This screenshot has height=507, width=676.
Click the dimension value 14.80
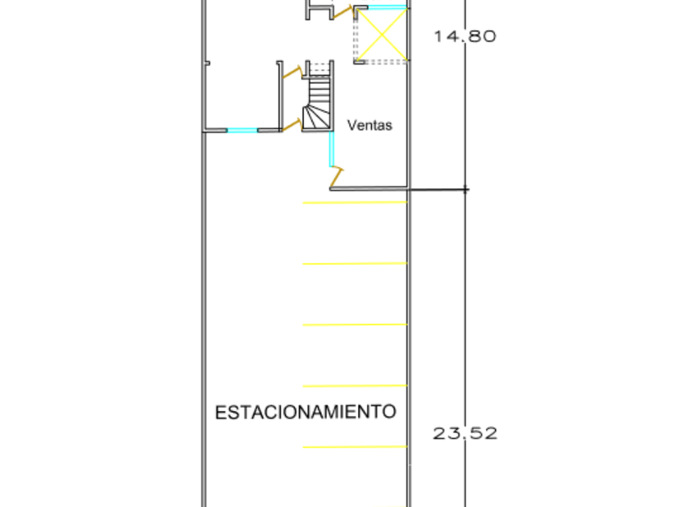pyautogui.click(x=465, y=36)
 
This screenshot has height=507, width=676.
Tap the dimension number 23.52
pyautogui.click(x=465, y=434)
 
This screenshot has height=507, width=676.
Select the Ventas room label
pyautogui.click(x=369, y=126)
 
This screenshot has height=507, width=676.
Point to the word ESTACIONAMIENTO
pyautogui.click(x=306, y=412)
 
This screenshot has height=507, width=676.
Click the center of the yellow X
pyautogui.click(x=381, y=34)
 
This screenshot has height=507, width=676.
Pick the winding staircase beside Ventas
pyautogui.click(x=317, y=101)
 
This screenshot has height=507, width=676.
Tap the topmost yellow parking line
pyautogui.click(x=355, y=203)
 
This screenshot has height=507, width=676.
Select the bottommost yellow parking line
pyautogui.click(x=355, y=447)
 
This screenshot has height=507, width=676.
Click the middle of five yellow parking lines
pyautogui.click(x=355, y=324)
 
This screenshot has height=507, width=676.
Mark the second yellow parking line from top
pyautogui.click(x=355, y=263)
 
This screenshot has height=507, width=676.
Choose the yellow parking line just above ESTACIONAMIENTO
pyautogui.click(x=355, y=385)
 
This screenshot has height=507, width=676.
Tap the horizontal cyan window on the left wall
pyautogui.click(x=241, y=130)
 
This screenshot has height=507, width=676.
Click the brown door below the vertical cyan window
pyautogui.click(x=336, y=176)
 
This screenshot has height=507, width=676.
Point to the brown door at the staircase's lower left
pyautogui.click(x=291, y=124)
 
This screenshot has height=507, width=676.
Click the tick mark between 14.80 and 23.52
pyautogui.click(x=465, y=190)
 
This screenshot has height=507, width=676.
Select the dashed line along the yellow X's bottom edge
pyautogui.click(x=381, y=62)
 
